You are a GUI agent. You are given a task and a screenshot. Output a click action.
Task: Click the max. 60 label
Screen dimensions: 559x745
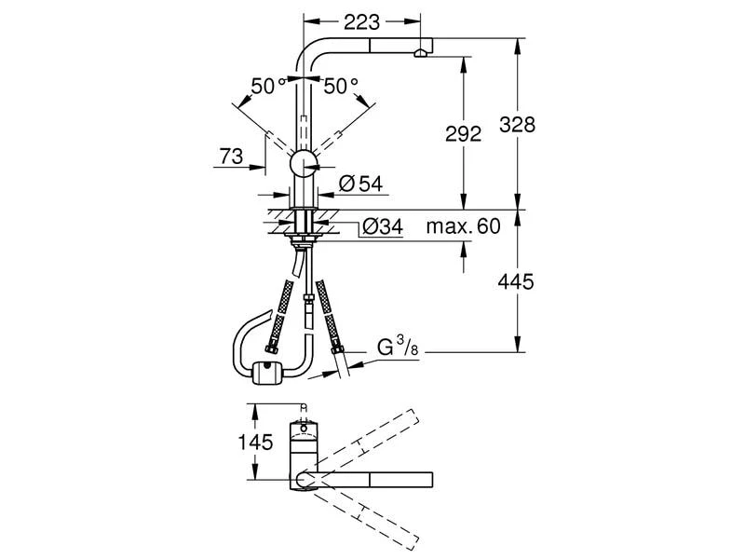tap(463, 225)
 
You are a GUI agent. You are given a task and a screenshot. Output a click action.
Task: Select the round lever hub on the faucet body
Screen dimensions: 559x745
tap(305, 165)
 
